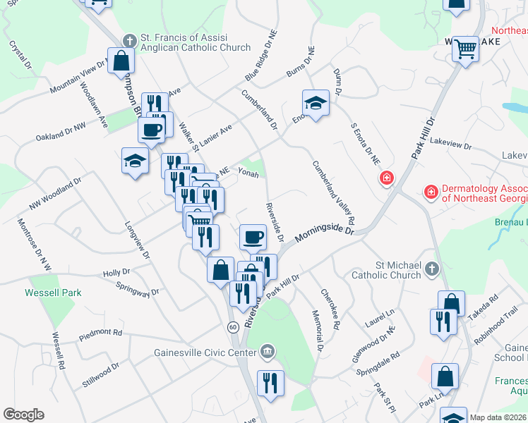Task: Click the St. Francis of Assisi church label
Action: tap(188, 42)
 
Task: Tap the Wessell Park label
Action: tap(54, 293)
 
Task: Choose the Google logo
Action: tap(23, 415)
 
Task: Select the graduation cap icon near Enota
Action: tap(316, 104)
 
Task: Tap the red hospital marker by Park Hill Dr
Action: tap(386, 178)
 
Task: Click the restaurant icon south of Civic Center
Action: tap(270, 384)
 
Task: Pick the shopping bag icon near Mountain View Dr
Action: tap(121, 61)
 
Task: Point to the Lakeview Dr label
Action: tap(450, 144)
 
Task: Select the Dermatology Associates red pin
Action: tap(430, 191)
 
